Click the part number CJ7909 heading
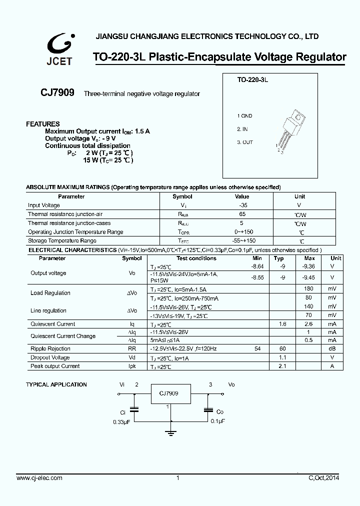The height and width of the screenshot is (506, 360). pos(57,93)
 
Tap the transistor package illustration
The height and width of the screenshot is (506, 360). pos(290,132)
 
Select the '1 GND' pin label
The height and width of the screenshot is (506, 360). pos(244,116)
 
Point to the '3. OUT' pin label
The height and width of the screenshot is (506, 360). pos(245,142)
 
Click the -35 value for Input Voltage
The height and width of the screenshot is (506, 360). pos(242,205)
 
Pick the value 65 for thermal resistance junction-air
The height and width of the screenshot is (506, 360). pos(242,214)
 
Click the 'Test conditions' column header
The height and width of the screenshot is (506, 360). pos(196,258)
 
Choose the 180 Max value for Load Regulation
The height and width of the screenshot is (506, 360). pos(308,289)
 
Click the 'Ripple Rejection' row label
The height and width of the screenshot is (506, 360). pos(50,349)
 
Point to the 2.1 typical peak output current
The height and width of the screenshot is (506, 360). pos(281,366)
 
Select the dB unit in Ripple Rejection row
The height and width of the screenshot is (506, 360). pos(332,349)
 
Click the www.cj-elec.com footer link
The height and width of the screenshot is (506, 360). pos(39,478)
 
